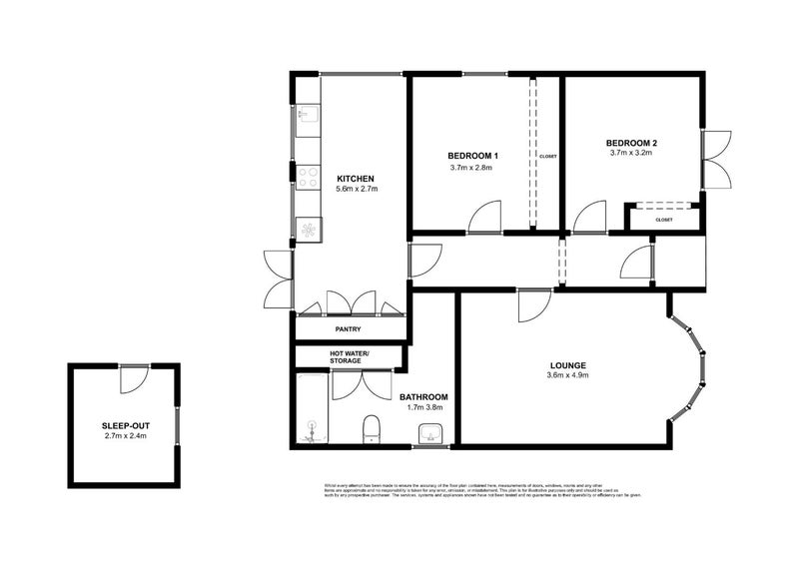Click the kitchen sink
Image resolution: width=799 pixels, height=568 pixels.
306,116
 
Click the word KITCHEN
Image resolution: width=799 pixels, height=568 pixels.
355,179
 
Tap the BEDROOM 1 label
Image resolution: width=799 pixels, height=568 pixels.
472,156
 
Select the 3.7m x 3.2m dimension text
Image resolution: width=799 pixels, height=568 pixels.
631,154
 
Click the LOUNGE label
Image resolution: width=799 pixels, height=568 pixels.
566,364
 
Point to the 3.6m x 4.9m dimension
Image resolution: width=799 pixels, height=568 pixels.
566,376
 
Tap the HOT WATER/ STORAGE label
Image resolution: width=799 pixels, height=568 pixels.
350,356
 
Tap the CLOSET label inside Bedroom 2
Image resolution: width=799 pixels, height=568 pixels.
664,220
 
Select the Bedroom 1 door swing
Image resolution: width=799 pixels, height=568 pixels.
486,217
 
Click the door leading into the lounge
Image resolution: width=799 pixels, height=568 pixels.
533,304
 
